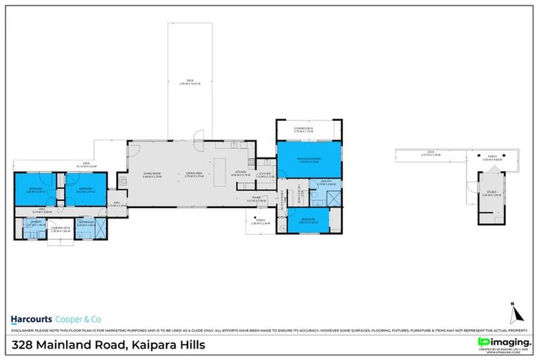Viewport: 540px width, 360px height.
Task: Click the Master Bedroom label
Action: point(309,160)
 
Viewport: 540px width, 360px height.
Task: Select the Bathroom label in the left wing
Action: point(86,223)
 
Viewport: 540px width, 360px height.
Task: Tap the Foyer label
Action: point(257,200)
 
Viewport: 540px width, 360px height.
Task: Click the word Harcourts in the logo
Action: point(28,316)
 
